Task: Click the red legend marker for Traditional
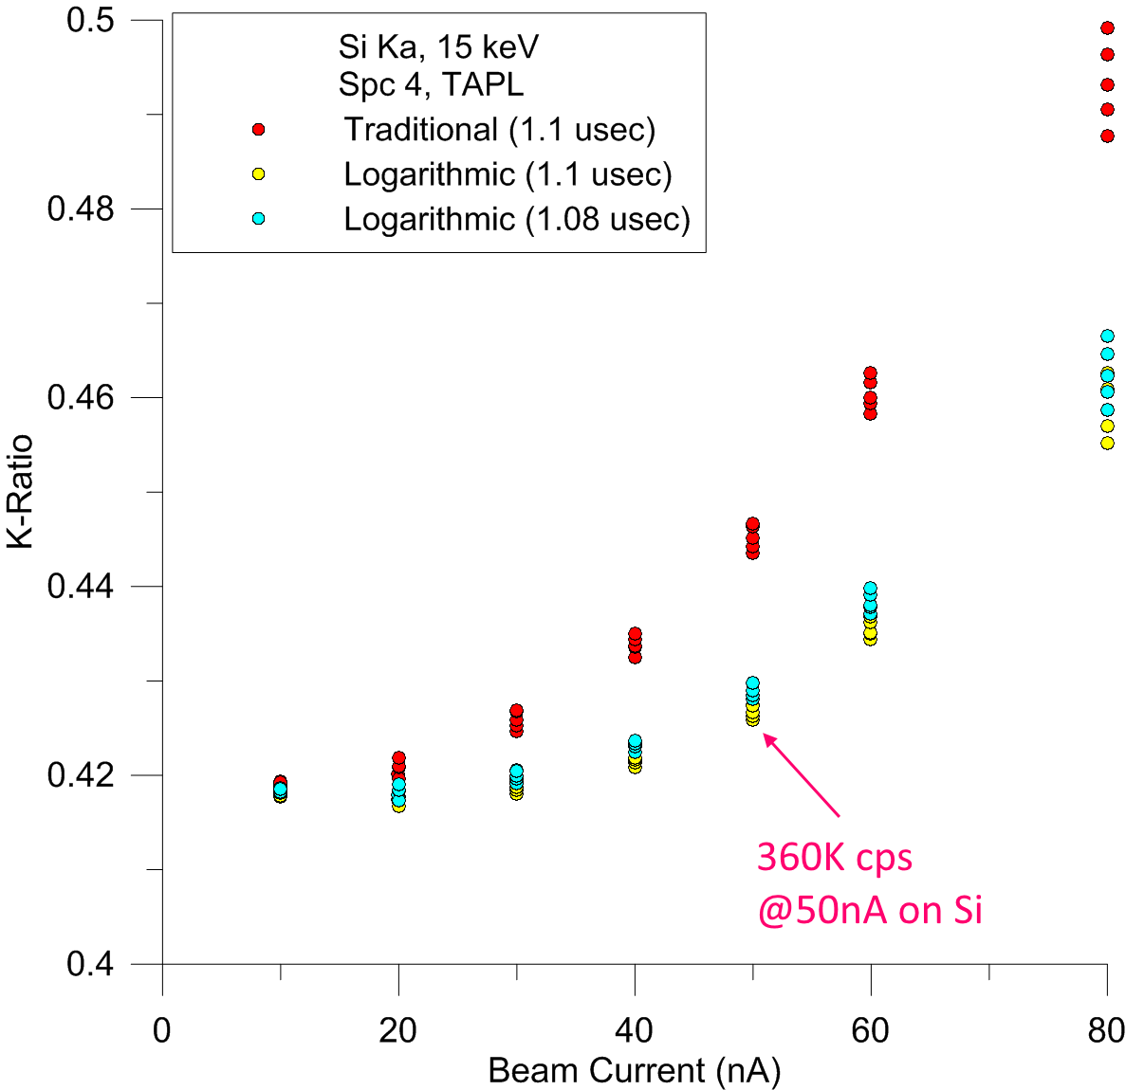tap(258, 129)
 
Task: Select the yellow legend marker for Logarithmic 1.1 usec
tap(258, 174)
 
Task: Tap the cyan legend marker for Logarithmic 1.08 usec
tap(258, 219)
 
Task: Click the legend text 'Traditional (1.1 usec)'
tap(499, 129)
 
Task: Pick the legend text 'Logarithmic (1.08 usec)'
tap(517, 219)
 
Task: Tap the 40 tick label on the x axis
tap(634, 1030)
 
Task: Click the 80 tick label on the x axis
tap(1105, 1030)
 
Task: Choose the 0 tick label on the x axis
tap(162, 1030)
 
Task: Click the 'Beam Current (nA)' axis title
tap(634, 1071)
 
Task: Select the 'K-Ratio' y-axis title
tap(21, 492)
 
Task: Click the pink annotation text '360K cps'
tap(834, 858)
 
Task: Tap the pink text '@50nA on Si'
tap(869, 910)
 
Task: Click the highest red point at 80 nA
tap(1107, 28)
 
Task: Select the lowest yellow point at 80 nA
tap(1107, 443)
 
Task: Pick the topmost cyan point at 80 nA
tap(1107, 336)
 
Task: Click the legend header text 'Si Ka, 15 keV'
tap(438, 47)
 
